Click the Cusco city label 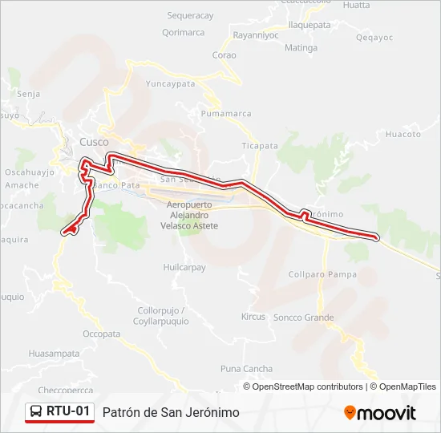94,142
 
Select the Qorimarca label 183,33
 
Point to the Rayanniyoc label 255,35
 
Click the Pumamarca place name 227,115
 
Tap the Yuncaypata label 170,83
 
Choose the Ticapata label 260,146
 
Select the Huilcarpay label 184,267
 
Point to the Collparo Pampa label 322,275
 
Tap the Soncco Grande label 303,318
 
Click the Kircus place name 253,317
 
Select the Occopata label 101,334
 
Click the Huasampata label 55,353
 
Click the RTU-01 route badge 60,412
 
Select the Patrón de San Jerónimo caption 171,412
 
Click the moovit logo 380,413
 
